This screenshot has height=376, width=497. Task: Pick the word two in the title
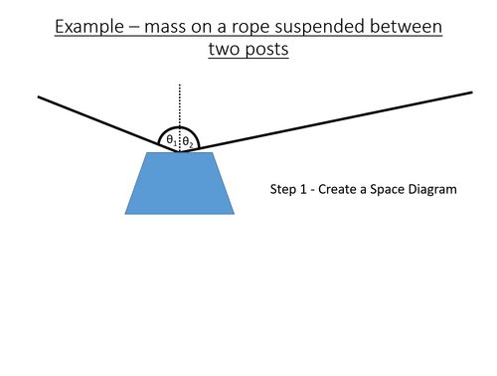pos(226,49)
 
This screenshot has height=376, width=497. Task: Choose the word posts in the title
pos(266,49)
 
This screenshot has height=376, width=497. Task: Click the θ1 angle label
pos(171,141)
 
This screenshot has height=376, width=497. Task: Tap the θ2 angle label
pos(187,142)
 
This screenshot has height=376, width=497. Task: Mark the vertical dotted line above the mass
pos(179,104)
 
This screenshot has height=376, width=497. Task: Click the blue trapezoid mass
pos(180,184)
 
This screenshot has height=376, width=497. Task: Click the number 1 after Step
pos(307,189)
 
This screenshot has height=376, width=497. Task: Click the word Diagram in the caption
pos(434,189)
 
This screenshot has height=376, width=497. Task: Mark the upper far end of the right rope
pos(470,94)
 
